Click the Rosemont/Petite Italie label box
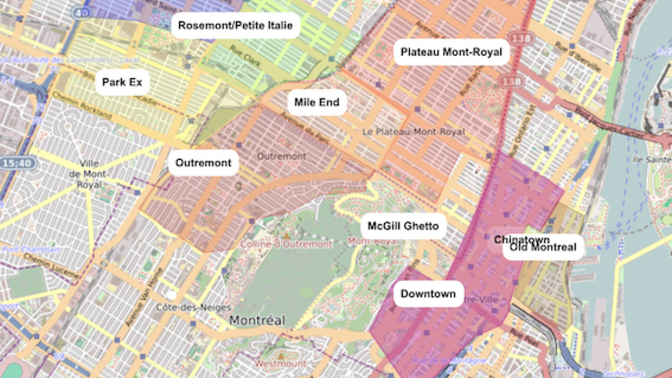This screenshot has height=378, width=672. tap(235, 26)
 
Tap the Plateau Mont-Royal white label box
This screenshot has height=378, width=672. tap(451, 52)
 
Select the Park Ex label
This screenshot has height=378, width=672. tap(122, 82)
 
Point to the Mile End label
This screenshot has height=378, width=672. tap(317, 103)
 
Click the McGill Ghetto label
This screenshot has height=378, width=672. tap(403, 226)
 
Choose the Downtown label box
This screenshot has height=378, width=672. tap(428, 294)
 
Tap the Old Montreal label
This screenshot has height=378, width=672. tap(543, 248)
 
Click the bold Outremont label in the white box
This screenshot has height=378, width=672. tap(203, 163)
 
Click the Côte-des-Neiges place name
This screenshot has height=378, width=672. tap(194, 308)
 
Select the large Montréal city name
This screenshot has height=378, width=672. tap(257, 320)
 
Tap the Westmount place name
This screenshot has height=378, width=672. tap(280, 364)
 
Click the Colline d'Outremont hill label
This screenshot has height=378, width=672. tap(286, 244)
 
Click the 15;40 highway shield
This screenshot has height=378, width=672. tap(17, 164)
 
